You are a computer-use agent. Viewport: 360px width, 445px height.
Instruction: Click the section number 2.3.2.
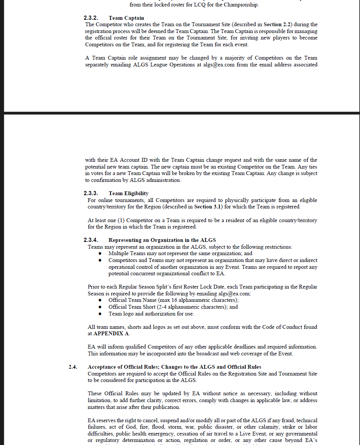(91, 18)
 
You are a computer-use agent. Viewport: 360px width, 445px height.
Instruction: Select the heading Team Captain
(126, 18)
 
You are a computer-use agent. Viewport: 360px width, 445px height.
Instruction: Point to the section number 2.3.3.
(91, 193)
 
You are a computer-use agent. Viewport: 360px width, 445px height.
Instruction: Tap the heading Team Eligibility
(128, 193)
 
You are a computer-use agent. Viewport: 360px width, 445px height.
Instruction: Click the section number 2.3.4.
(91, 240)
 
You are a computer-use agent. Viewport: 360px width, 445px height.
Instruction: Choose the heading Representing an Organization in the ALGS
(162, 240)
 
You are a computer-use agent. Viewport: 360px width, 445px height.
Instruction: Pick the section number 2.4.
(73, 367)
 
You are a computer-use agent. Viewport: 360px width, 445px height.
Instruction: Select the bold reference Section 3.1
(208, 207)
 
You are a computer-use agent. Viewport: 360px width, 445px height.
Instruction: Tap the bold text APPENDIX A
(111, 334)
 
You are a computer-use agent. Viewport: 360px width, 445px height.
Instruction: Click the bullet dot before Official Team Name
(100, 300)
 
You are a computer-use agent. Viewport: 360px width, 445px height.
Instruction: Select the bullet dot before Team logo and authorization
(100, 314)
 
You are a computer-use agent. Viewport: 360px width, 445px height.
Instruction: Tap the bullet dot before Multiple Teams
(100, 254)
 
